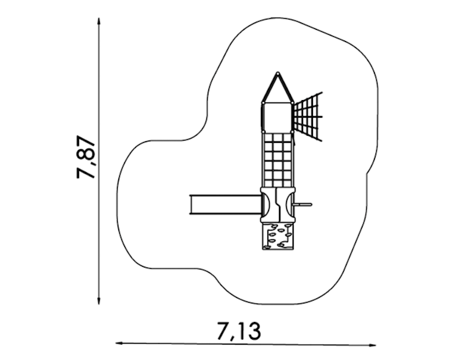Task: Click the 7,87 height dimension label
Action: click(86, 157)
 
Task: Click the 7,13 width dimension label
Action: click(239, 331)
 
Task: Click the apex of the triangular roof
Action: click(278, 73)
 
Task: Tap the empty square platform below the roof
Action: click(277, 117)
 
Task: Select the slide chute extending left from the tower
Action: click(225, 205)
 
